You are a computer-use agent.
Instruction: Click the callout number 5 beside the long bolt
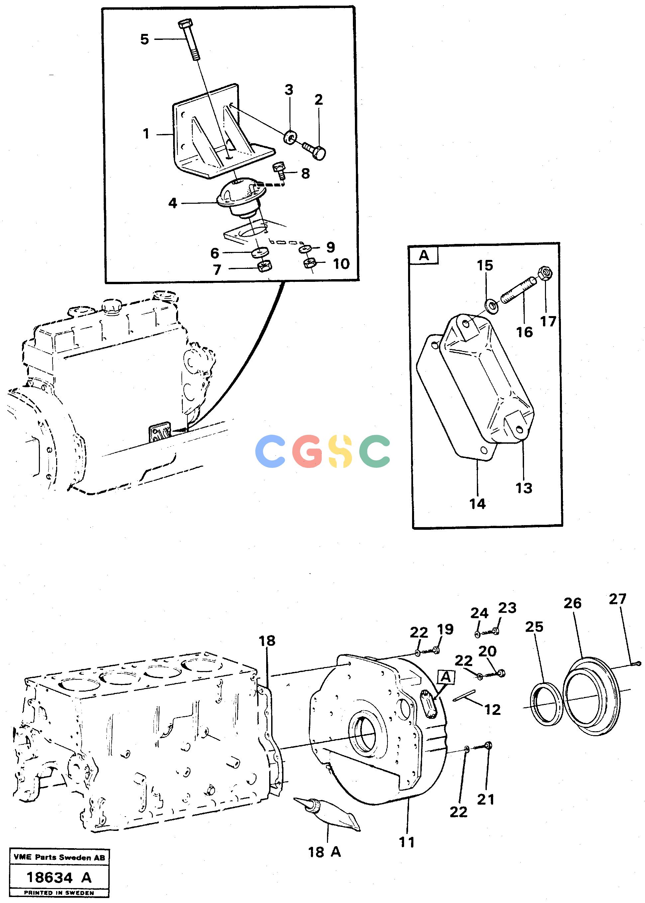[x=145, y=39]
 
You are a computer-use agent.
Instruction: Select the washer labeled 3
[x=290, y=137]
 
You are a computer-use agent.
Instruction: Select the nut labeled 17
[x=546, y=273]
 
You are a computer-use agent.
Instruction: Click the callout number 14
[x=478, y=504]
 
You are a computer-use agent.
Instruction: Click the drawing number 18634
[x=49, y=877]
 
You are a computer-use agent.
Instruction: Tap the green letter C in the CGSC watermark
[x=374, y=451]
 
